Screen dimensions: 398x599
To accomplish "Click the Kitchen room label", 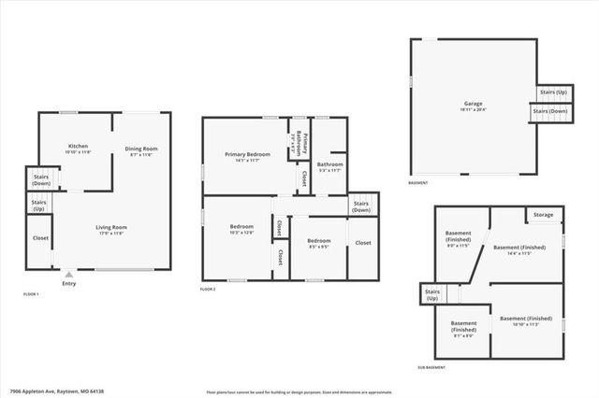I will [78, 149].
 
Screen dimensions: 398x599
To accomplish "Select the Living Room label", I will [111, 230].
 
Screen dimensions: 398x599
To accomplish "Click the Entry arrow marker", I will [67, 276].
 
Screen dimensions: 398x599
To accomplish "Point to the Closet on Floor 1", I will [40, 237].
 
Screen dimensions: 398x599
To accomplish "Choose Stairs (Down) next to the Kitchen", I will [40, 180].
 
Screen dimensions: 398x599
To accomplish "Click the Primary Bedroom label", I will [247, 156].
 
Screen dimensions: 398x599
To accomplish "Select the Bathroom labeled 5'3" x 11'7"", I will [330, 166].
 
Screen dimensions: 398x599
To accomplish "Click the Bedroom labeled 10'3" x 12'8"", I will [241, 229].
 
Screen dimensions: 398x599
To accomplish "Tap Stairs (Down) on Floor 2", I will [360, 206].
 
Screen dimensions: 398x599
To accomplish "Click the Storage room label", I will [543, 215].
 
